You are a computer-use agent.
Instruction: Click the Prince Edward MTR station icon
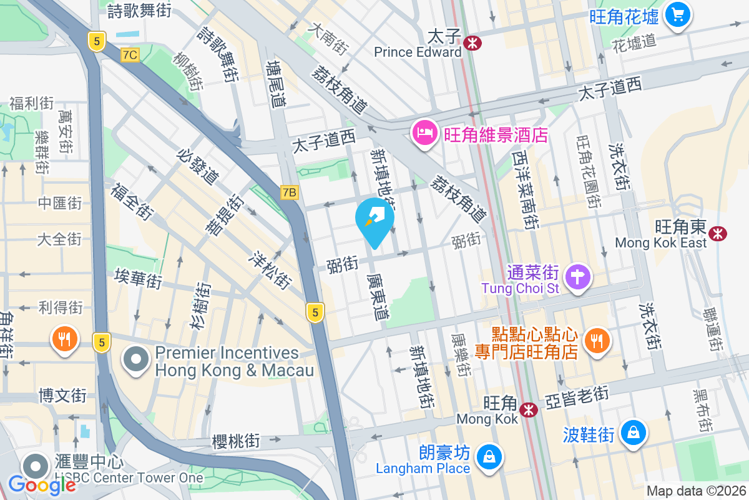coord(472,42)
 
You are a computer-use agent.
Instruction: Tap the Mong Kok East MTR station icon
coord(718,234)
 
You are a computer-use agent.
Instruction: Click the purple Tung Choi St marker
coord(577,277)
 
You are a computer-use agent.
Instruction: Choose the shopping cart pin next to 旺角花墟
coord(677,14)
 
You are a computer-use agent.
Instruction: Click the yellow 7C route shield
coord(130,55)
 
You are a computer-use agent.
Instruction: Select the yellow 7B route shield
coord(289,192)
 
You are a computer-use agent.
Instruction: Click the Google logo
coord(42,484)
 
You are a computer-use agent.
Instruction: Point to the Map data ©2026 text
coord(695,491)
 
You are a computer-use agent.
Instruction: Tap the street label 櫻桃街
coord(236,441)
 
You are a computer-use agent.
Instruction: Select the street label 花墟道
coord(634,43)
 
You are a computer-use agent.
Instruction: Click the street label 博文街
coord(62,396)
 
